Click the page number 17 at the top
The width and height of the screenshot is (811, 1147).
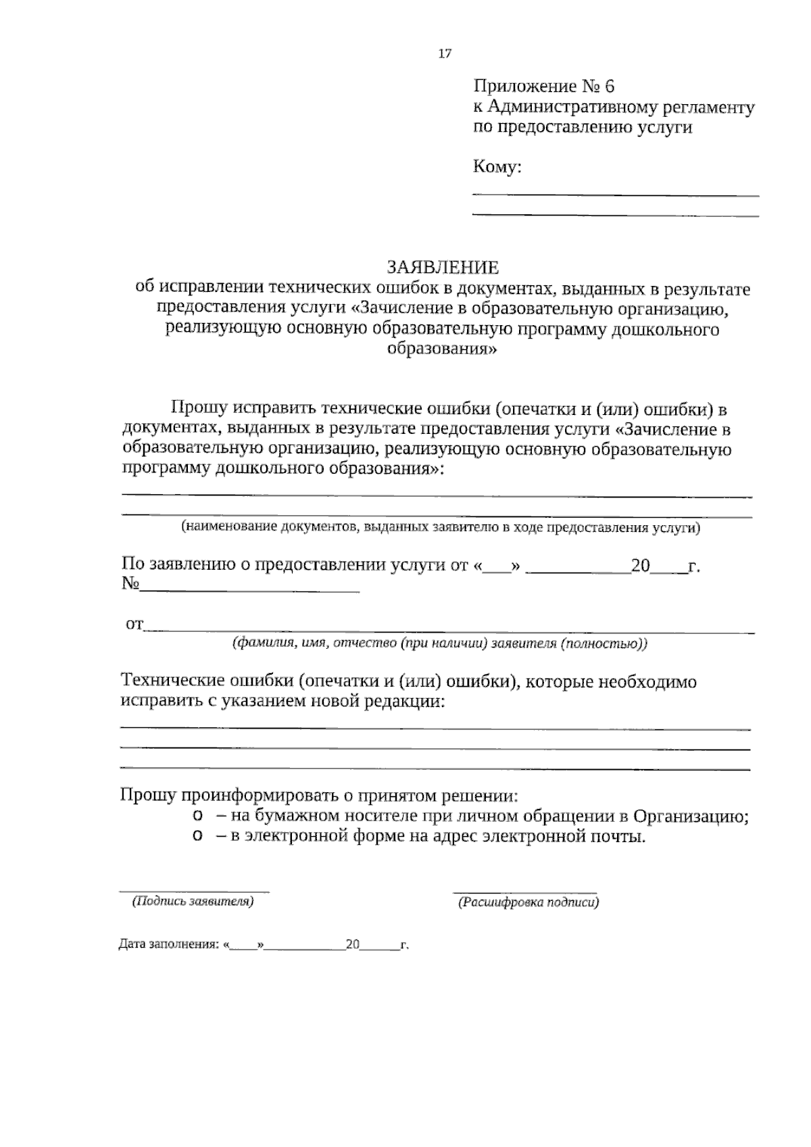coord(445,54)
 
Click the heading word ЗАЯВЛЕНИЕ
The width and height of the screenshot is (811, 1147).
coord(443,267)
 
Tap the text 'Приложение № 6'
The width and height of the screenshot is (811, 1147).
coord(544,87)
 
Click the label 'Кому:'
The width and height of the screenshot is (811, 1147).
coord(497,168)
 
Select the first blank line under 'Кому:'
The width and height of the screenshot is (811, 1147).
coord(615,195)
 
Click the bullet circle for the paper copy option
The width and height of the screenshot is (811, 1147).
coord(197,816)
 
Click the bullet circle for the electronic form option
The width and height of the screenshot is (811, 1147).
coord(197,837)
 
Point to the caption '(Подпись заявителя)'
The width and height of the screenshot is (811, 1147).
coord(193,901)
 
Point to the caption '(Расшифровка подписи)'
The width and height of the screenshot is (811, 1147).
coord(528,902)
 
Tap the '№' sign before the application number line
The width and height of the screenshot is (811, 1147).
coord(130,584)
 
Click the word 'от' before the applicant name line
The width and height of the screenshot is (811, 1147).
coord(134,625)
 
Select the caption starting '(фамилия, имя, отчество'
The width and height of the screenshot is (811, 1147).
coord(439,643)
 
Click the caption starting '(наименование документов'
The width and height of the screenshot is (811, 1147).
coord(440,528)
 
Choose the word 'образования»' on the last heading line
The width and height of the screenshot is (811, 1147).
coord(443,350)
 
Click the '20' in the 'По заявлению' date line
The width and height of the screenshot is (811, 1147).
coord(639,566)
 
